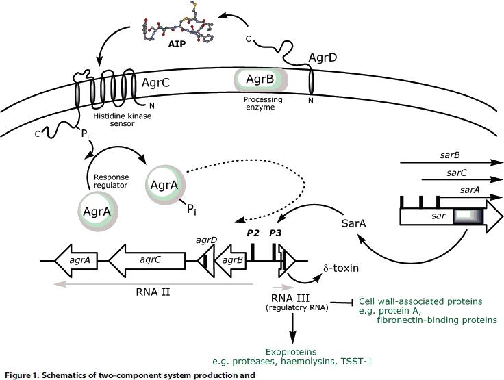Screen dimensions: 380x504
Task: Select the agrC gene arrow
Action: coord(148,261)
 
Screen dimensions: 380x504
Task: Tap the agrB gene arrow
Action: coord(233,261)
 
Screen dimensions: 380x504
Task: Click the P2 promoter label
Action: coord(254,233)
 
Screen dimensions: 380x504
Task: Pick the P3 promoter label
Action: coord(276,233)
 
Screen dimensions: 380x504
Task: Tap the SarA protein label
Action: coord(355,224)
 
